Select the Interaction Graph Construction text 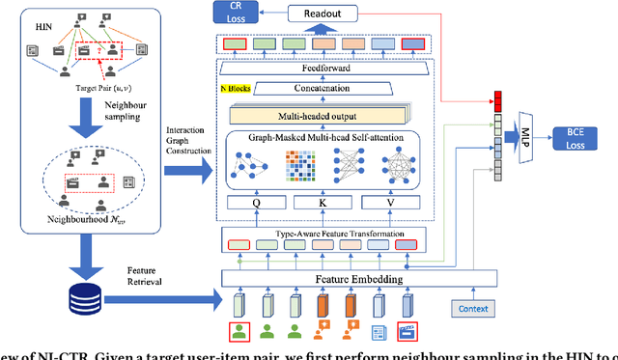tap(185, 142)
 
